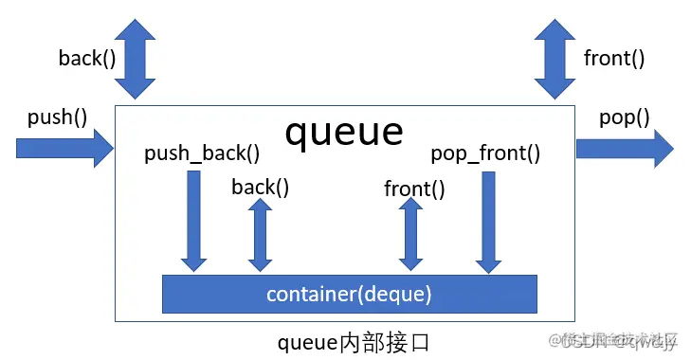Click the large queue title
click(x=344, y=133)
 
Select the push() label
click(x=57, y=117)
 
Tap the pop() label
click(x=625, y=117)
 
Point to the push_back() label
click(x=202, y=153)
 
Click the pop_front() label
click(x=485, y=153)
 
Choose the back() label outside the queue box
click(x=87, y=59)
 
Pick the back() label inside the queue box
click(x=261, y=187)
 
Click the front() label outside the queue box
click(x=614, y=59)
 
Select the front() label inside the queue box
click(x=414, y=189)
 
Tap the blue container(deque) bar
click(x=349, y=294)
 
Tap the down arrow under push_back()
click(x=194, y=219)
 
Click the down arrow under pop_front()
click(x=489, y=219)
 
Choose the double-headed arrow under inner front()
click(x=411, y=235)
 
